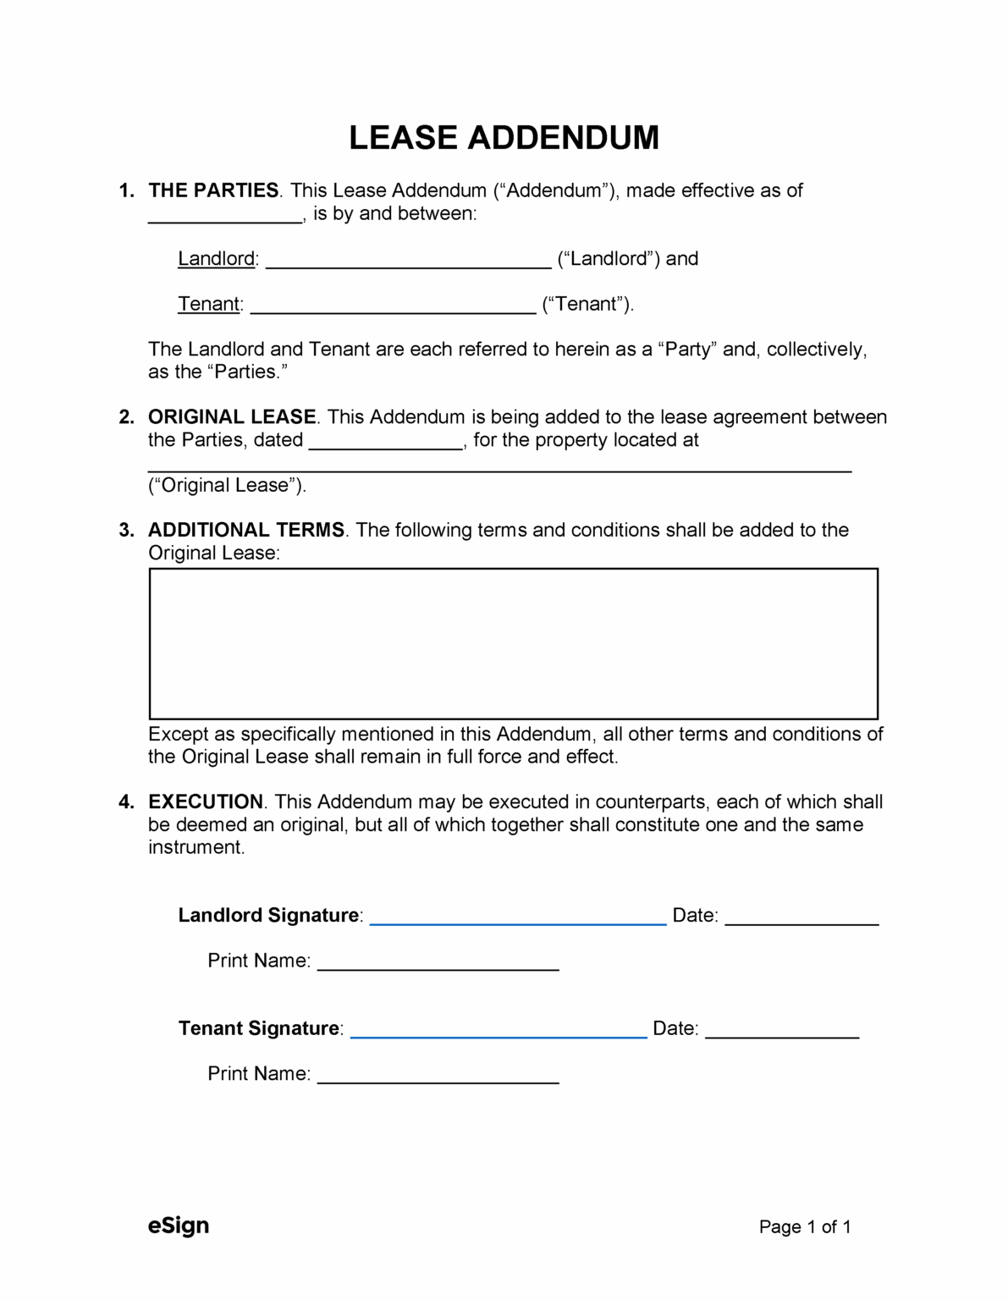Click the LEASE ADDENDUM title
pyautogui.click(x=504, y=138)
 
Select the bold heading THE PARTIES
pyautogui.click(x=213, y=190)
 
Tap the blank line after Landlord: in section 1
pyautogui.click(x=408, y=261)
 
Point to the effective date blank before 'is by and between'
pyautogui.click(x=225, y=216)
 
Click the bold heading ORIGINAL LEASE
pyautogui.click(x=232, y=417)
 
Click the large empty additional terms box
pyautogui.click(x=513, y=643)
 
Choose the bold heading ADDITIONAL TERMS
pyautogui.click(x=246, y=530)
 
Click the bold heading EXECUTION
pyautogui.click(x=206, y=801)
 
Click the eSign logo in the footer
pyautogui.click(x=179, y=1226)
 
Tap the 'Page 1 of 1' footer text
pyautogui.click(x=805, y=1227)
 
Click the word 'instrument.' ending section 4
pyautogui.click(x=196, y=847)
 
